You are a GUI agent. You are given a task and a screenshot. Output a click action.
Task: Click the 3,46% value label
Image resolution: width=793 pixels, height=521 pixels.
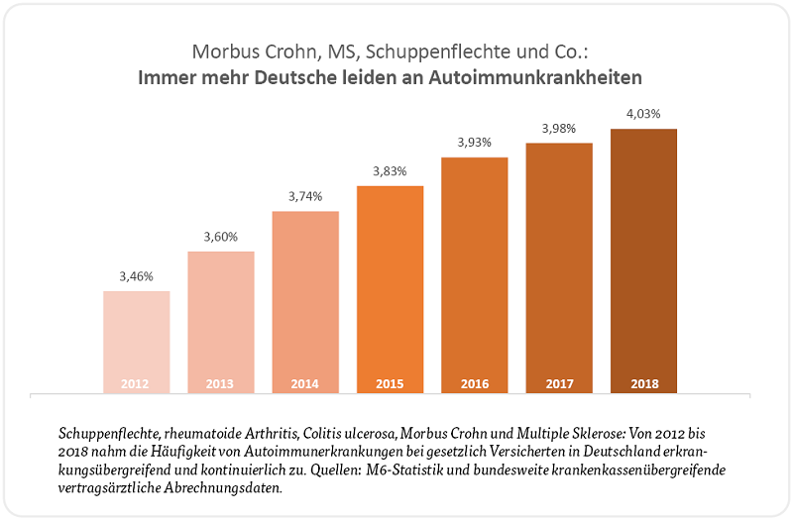pyautogui.click(x=137, y=276)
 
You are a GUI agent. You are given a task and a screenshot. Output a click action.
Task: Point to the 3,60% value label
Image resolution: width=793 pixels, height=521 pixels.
pyautogui.click(x=221, y=237)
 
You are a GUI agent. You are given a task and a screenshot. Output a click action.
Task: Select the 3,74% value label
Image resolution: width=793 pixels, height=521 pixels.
pyautogui.click(x=305, y=196)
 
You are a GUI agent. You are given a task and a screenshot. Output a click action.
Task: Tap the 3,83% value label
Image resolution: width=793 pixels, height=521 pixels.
pyautogui.click(x=390, y=171)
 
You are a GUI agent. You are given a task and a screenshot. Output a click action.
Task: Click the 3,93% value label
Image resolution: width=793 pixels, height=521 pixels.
pyautogui.click(x=474, y=143)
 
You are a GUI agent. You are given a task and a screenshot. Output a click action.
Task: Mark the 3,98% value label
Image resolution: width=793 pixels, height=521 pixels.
pyautogui.click(x=558, y=129)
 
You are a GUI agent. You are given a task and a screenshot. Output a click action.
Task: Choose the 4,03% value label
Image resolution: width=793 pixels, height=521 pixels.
pyautogui.click(x=643, y=114)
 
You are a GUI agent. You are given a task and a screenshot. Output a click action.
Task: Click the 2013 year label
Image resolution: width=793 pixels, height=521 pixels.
pyautogui.click(x=221, y=383)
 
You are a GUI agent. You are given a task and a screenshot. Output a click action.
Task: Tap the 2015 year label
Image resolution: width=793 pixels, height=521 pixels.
pyautogui.click(x=390, y=383)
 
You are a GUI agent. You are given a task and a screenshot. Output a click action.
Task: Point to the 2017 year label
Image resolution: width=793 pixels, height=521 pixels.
pyautogui.click(x=558, y=383)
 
